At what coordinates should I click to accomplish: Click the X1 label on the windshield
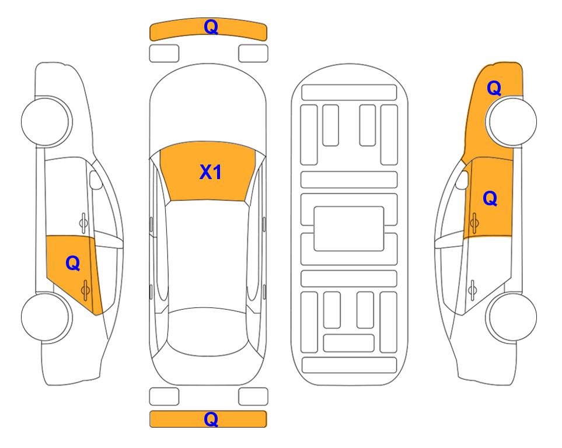[x=211, y=172]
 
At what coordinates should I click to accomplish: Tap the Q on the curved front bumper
[x=211, y=27]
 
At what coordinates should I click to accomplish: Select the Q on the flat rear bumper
[x=211, y=419]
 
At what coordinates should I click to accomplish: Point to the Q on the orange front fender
[x=494, y=88]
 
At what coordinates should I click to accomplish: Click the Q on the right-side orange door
[x=490, y=198]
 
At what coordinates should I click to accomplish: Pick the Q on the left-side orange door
[x=73, y=264]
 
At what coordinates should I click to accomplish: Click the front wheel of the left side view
[x=46, y=121]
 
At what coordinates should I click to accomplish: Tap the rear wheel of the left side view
[x=46, y=317]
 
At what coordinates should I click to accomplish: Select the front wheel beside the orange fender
[x=512, y=121]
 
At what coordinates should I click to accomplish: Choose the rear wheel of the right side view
[x=512, y=317]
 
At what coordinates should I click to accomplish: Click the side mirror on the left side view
[x=95, y=180]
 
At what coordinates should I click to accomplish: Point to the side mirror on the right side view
[x=462, y=180]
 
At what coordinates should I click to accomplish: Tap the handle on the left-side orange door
[x=85, y=290]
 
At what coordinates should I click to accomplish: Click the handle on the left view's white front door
[x=83, y=223]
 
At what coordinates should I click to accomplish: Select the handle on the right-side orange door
[x=474, y=223]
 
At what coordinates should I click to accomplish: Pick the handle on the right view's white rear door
[x=473, y=290]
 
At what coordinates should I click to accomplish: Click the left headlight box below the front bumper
[x=164, y=54]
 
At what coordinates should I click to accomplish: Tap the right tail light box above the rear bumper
[x=253, y=397]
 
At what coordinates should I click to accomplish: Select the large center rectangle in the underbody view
[x=349, y=229]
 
